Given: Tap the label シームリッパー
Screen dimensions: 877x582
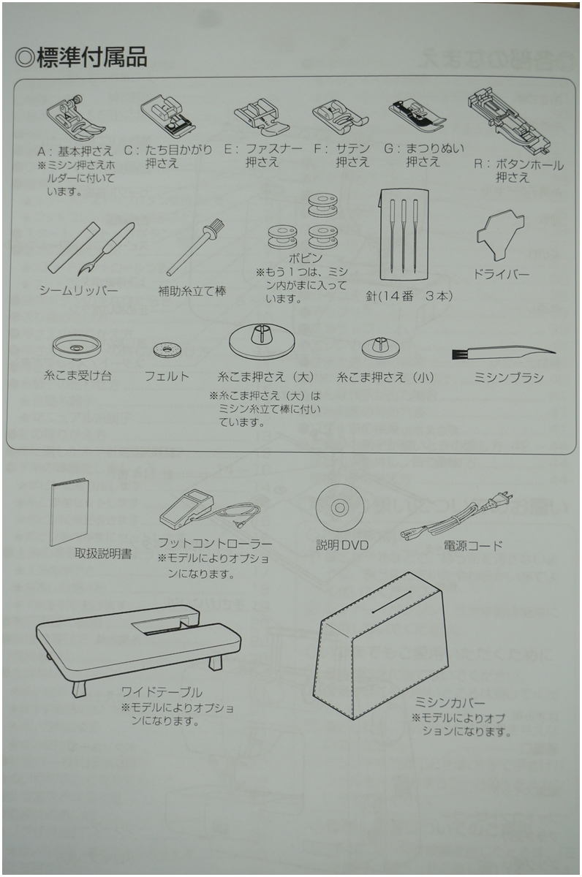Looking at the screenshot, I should pyautogui.click(x=79, y=290).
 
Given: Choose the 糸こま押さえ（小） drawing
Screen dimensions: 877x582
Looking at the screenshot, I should pyautogui.click(x=382, y=345).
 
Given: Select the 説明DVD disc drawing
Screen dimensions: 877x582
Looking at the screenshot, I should pyautogui.click(x=341, y=506).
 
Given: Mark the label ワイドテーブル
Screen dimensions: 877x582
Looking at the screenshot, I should pyautogui.click(x=162, y=691).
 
